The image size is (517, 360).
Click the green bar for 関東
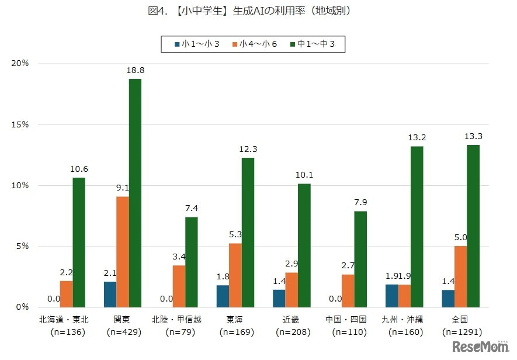[135, 193]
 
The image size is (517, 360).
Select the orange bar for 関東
[123, 252]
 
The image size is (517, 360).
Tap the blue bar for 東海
[223, 296]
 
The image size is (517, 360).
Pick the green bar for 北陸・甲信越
[192, 262]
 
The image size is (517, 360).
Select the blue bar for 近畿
[279, 298]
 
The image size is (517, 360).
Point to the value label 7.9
[360, 203]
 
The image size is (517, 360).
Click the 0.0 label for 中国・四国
[335, 299]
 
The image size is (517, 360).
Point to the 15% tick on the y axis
[20, 124]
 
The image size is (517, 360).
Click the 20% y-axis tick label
[20, 63]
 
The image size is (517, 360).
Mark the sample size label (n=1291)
[462, 332]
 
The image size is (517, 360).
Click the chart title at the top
[258, 10]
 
